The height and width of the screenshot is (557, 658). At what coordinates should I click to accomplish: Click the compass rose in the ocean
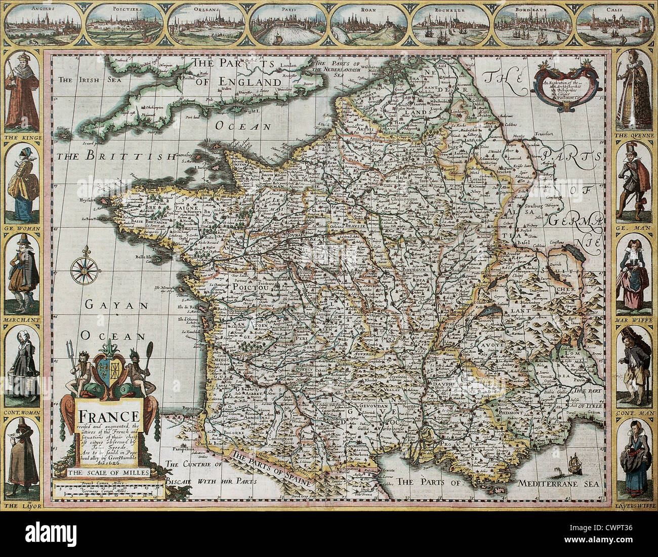tap(81, 270)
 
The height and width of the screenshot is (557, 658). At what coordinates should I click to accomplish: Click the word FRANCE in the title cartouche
tap(108, 417)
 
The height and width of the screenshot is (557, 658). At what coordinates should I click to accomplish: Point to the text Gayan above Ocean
tap(115, 305)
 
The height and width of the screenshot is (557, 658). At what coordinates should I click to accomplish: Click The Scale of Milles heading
tap(108, 473)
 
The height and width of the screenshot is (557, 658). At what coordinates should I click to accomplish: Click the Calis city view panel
tap(614, 25)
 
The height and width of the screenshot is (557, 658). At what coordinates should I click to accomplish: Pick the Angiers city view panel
tap(44, 25)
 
